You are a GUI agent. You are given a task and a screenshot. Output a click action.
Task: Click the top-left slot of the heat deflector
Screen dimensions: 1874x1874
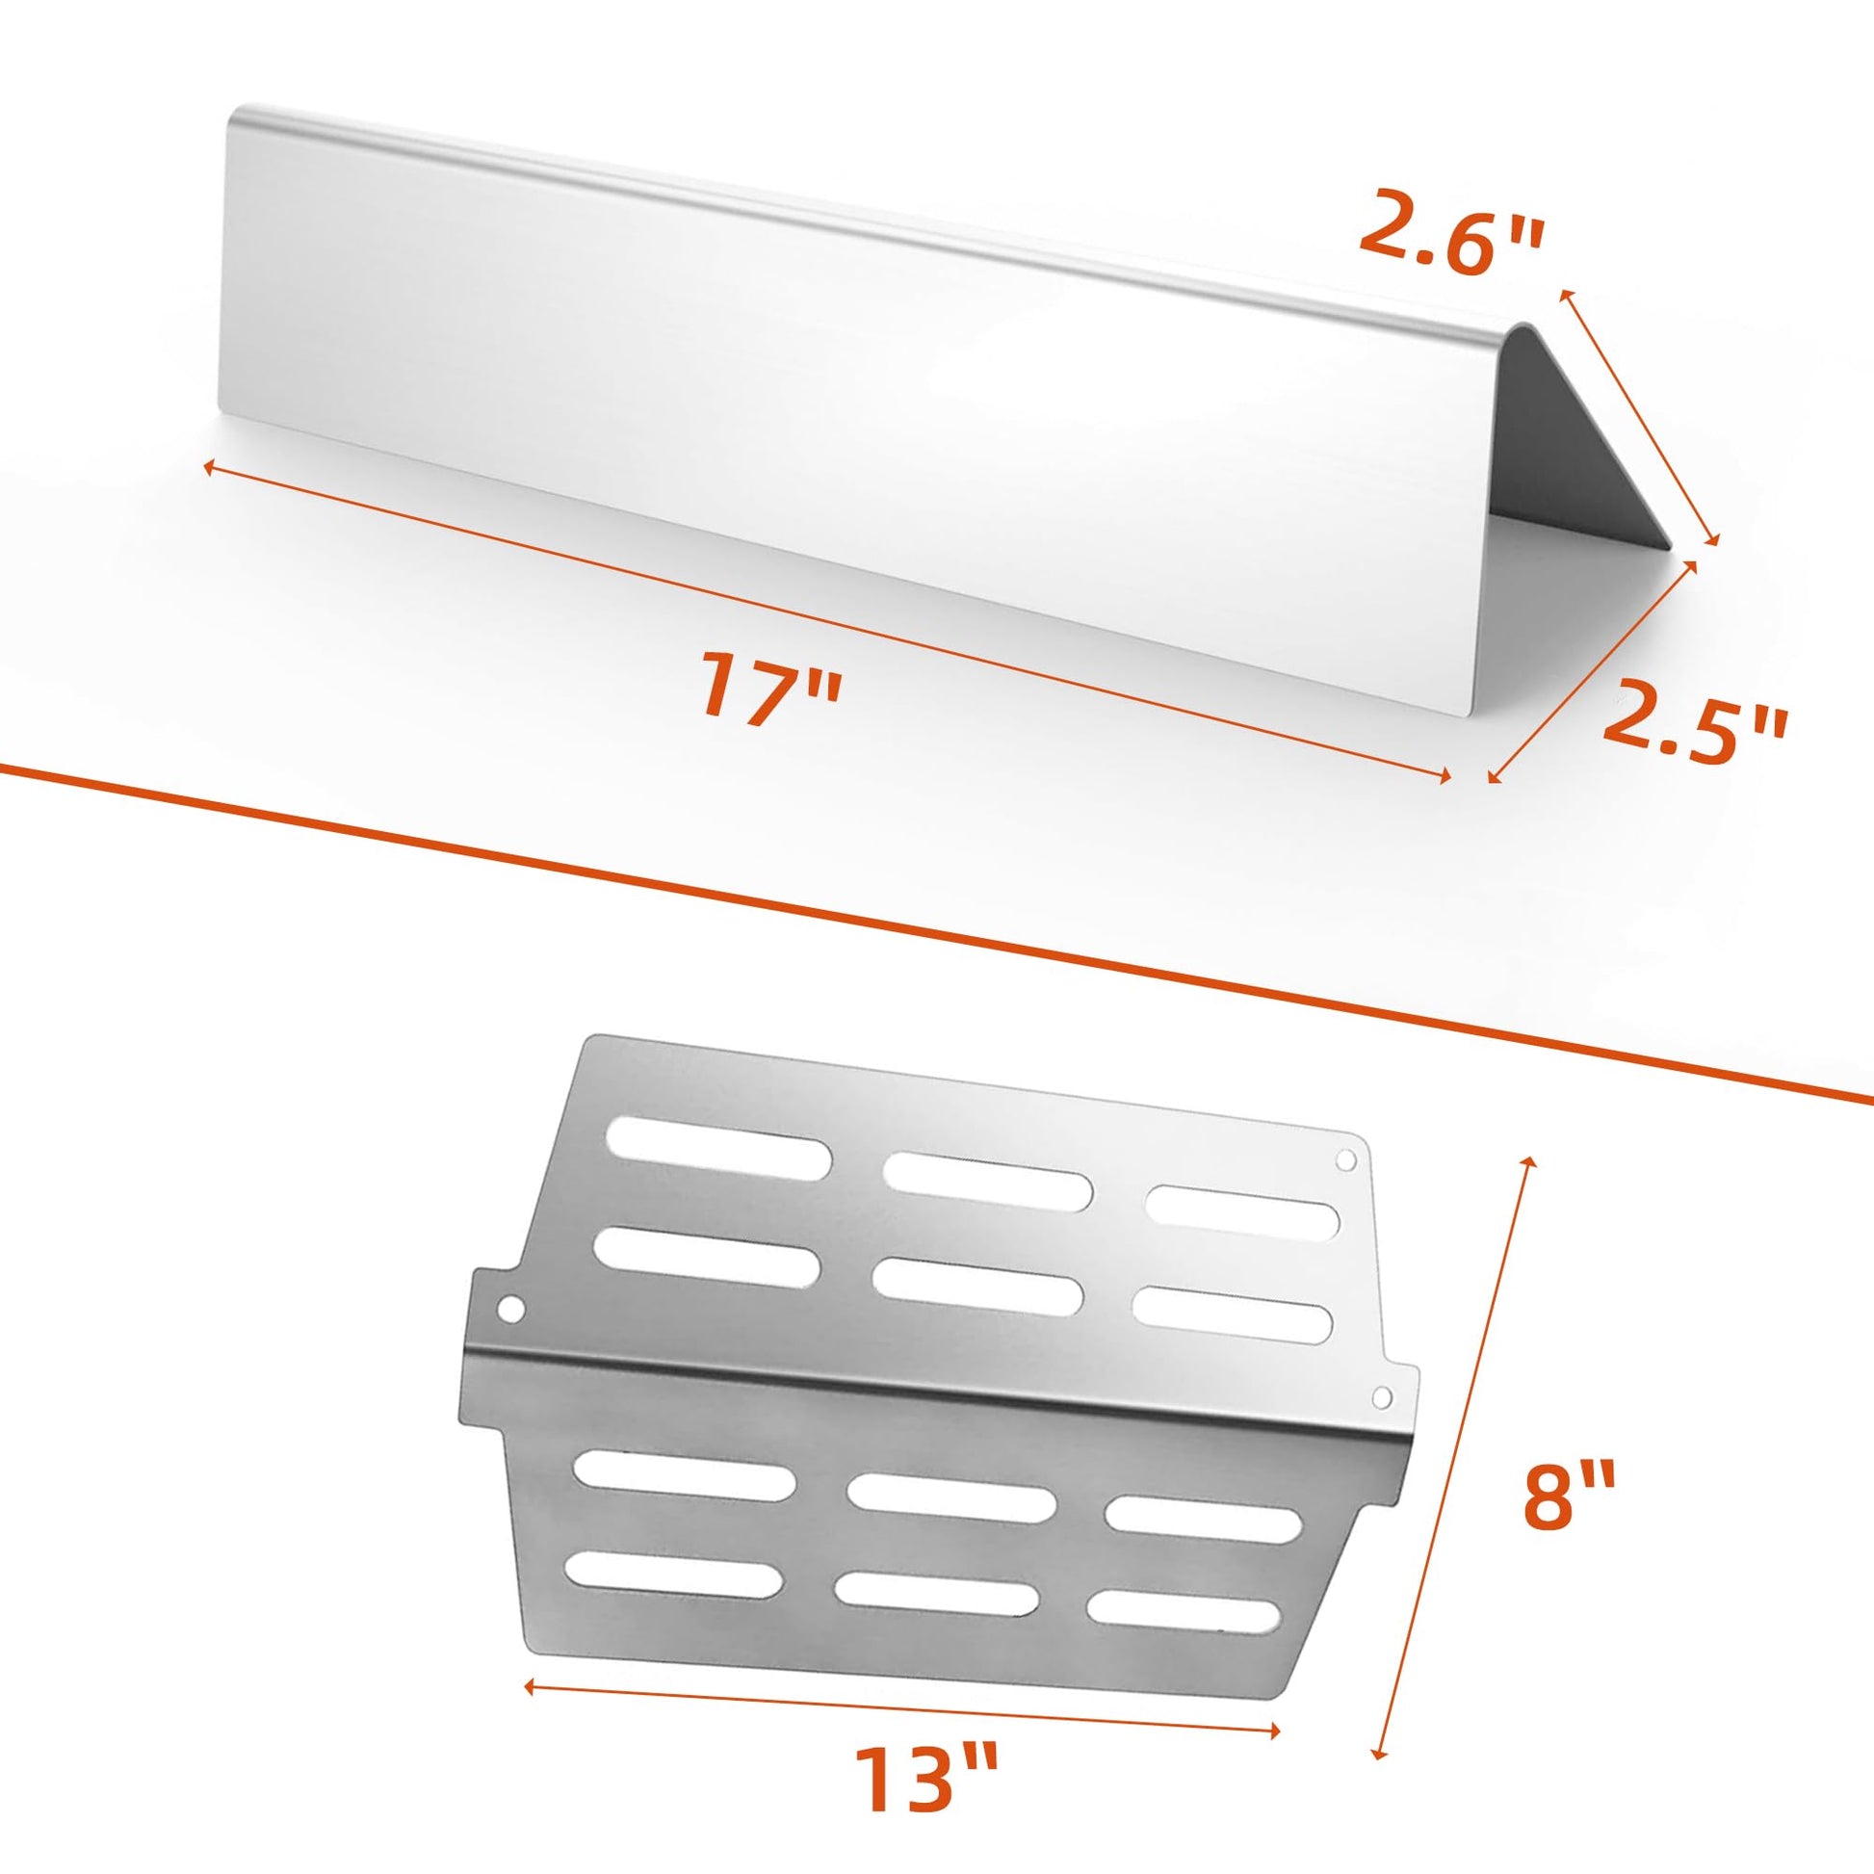tap(717, 1148)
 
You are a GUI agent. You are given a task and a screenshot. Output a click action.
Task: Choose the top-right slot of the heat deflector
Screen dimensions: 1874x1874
tap(1242, 1209)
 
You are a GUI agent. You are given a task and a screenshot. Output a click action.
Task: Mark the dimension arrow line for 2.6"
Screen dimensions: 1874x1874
tap(1638, 418)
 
